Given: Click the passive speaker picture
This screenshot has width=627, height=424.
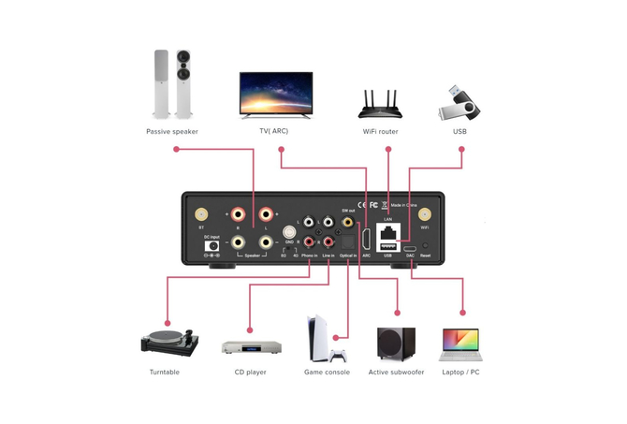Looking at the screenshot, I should (x=173, y=86).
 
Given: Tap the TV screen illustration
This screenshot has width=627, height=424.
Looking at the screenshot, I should (x=274, y=94).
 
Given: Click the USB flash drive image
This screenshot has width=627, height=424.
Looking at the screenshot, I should (x=459, y=102).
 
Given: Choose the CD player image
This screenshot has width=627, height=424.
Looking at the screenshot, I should (x=252, y=346).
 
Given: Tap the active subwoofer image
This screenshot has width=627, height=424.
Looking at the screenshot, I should (x=397, y=344).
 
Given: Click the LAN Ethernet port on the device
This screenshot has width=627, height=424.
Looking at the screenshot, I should (x=387, y=231).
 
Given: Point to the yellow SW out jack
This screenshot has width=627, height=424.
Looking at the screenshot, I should (x=348, y=224).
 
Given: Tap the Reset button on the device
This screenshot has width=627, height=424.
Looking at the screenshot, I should (x=426, y=245).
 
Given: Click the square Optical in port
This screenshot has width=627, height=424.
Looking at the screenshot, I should (x=348, y=242).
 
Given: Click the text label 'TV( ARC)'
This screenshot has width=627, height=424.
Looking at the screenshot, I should (x=274, y=132).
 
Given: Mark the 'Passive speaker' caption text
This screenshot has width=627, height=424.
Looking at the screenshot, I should (x=172, y=132).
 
